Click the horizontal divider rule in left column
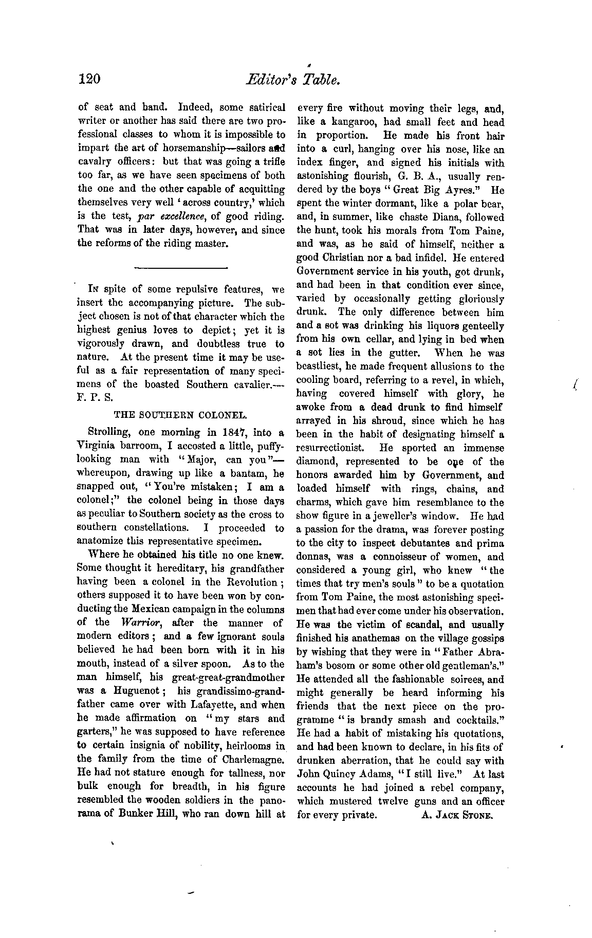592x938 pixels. pyautogui.click(x=180, y=268)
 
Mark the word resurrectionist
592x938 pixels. pyautogui.click(x=335, y=448)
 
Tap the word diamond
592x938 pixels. pyautogui.click(x=315, y=462)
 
